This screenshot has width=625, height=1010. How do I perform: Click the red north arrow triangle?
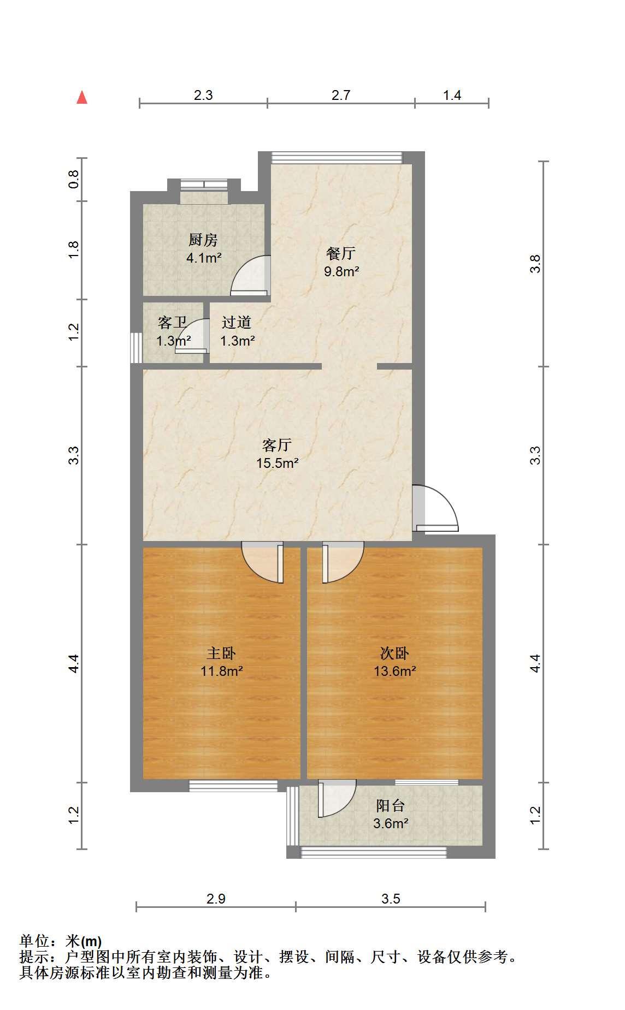tap(82, 97)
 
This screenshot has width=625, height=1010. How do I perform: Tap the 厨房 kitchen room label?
tap(203, 240)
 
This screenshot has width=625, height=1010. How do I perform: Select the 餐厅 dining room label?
tap(341, 253)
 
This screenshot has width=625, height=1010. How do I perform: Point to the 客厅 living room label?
tap(277, 445)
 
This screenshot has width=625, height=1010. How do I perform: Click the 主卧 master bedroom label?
tap(221, 653)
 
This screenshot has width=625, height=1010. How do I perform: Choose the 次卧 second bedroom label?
tap(394, 653)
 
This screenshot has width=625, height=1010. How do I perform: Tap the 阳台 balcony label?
tap(391, 805)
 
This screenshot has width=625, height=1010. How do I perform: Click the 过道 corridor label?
tap(237, 323)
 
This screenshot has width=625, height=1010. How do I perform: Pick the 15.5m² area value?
tap(278, 464)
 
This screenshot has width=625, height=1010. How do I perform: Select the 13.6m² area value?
tap(395, 671)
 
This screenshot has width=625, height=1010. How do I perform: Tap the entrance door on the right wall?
tap(435, 508)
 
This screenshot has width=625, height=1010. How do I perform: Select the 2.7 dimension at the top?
tap(341, 95)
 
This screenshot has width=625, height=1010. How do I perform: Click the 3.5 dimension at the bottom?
tap(391, 899)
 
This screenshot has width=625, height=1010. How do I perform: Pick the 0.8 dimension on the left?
tap(74, 179)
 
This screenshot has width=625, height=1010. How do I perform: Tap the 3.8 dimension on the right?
tap(536, 264)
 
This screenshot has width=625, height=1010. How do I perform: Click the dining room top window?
tap(337, 158)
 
